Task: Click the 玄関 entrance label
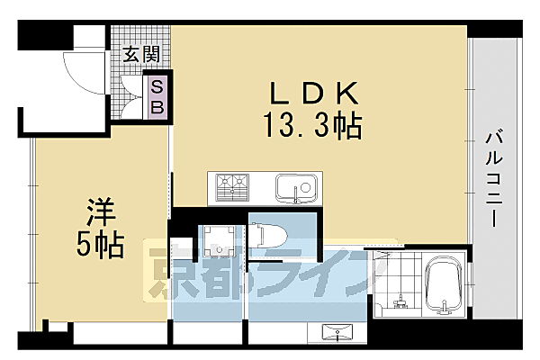tap(138, 56)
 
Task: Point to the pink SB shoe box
tap(157, 95)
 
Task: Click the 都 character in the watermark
tap(224, 273)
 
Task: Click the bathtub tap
tap(445, 310)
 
